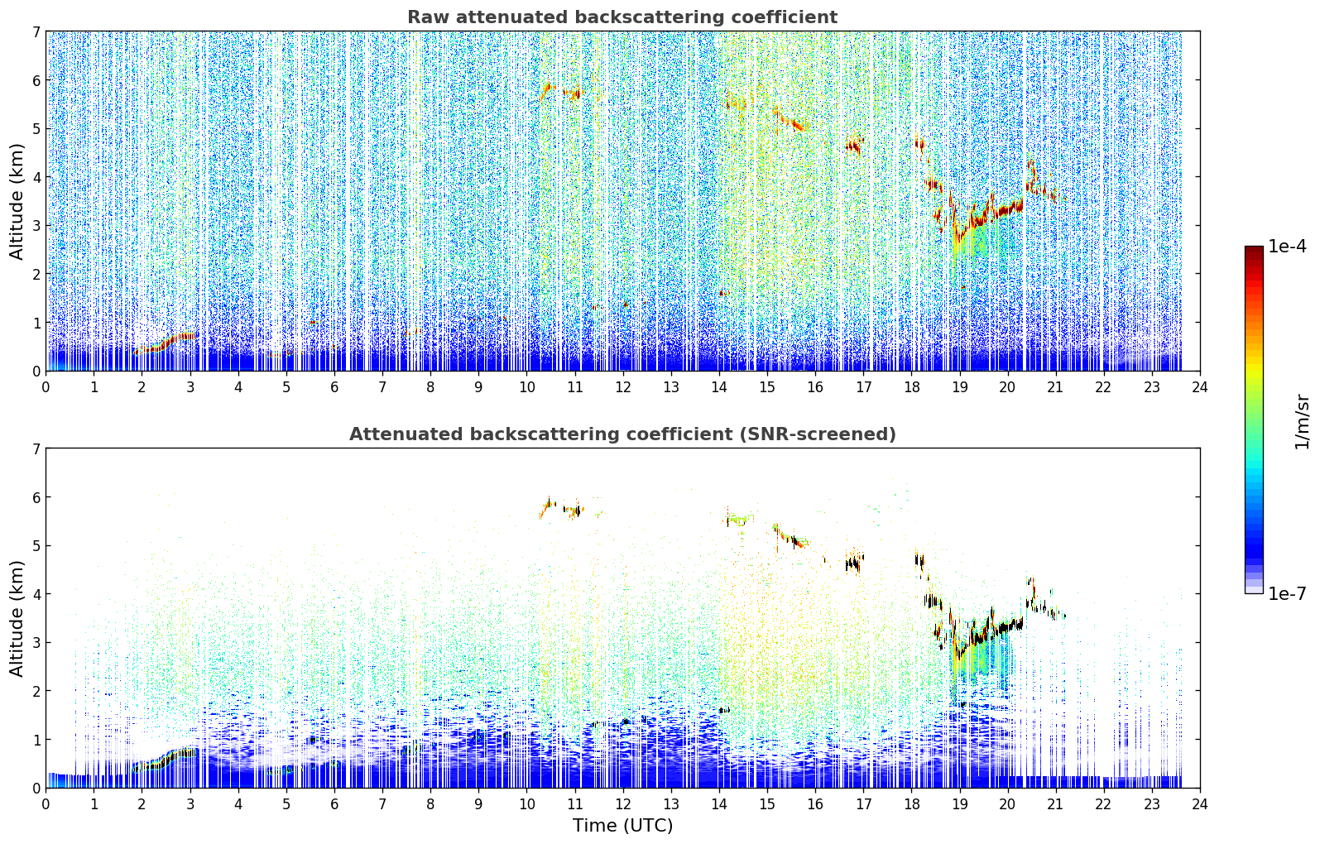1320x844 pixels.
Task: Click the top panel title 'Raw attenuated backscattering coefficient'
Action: point(622,17)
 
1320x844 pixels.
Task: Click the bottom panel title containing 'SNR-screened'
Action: point(622,434)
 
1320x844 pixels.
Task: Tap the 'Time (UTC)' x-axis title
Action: point(622,825)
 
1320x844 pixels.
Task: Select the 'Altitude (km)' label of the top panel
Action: point(17,202)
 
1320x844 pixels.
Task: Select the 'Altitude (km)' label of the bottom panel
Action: point(17,618)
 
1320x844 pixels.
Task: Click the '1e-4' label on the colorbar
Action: point(1287,247)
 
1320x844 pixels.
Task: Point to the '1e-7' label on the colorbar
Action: point(1287,593)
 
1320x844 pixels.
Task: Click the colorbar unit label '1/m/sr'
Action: point(1303,422)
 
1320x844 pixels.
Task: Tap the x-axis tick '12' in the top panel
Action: point(623,387)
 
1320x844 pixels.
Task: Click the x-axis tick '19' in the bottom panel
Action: point(960,804)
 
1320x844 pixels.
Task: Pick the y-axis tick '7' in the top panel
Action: point(36,31)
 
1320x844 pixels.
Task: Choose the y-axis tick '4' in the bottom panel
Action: point(36,594)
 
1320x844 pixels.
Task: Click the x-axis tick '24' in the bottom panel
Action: point(1200,804)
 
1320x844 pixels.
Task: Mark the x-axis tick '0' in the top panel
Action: point(46,387)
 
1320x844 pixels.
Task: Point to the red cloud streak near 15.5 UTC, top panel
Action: point(789,120)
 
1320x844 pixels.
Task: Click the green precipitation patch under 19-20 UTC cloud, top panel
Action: point(973,242)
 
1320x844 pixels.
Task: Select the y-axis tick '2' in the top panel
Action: point(36,274)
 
